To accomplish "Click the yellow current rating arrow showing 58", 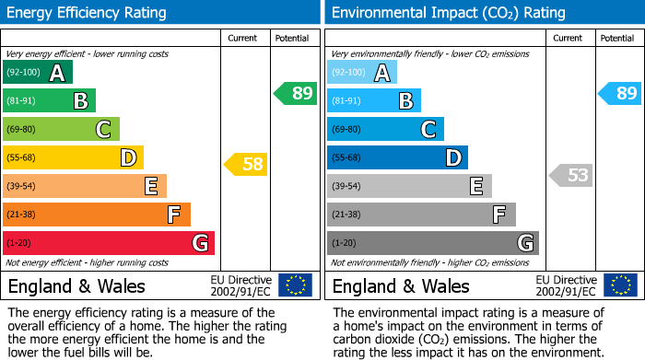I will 245,165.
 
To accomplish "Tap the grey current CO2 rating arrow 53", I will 570,175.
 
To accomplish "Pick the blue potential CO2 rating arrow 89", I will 619,93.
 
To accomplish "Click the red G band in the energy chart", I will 109,243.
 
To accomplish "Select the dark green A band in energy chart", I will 38,73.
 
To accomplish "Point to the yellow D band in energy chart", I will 73,157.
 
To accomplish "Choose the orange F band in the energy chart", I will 97,215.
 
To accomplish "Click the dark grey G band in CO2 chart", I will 432,243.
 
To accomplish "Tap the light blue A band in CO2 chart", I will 362,73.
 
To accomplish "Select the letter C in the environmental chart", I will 428,130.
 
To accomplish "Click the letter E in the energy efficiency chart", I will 150,187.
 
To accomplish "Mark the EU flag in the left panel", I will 295,285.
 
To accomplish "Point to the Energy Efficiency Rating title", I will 88,13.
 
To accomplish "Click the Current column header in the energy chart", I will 243,38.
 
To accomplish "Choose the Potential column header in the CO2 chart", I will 617,38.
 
